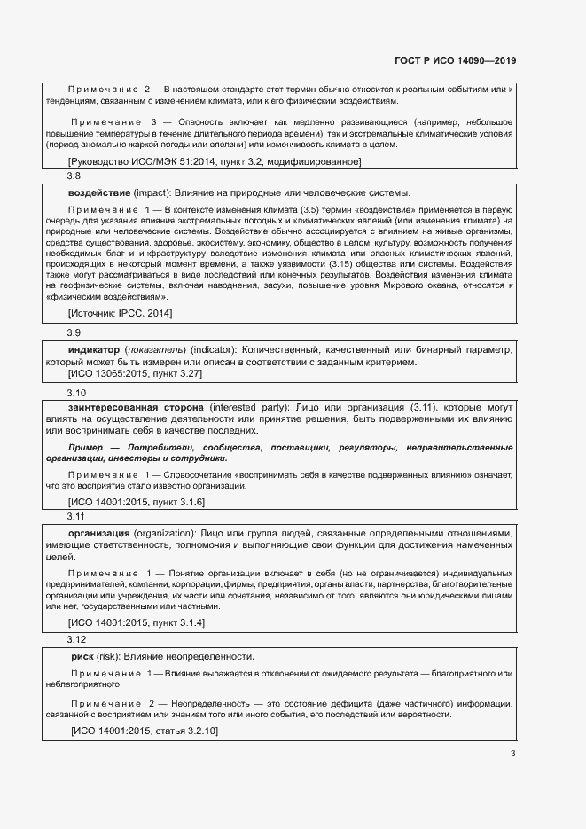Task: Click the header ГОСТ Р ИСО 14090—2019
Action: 455,60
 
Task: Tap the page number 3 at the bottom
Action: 512,755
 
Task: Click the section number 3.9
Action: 74,332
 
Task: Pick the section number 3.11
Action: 76,516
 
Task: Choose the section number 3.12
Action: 76,639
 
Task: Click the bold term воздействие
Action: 99,193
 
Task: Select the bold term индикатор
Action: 94,349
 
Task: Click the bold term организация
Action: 99,534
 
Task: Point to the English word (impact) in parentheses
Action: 152,193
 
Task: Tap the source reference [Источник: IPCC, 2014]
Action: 121,314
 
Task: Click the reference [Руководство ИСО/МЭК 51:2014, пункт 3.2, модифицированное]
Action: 215,161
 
